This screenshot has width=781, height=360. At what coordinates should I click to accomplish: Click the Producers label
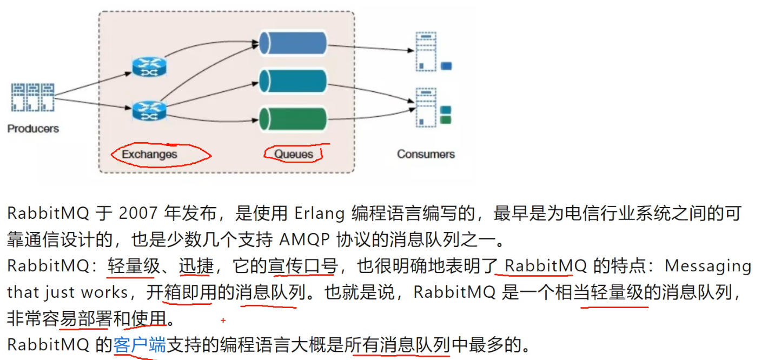tap(33, 129)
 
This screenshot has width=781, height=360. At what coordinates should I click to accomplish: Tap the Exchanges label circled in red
tap(149, 155)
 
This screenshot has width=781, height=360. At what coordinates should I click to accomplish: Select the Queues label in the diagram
tap(294, 154)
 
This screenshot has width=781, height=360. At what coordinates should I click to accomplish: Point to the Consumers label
tap(426, 154)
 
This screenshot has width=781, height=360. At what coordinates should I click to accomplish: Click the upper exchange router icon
tap(150, 66)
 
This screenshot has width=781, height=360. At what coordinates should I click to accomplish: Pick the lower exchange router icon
tap(150, 110)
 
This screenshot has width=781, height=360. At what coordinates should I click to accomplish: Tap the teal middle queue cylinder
tap(293, 81)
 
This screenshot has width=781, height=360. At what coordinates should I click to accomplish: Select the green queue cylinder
tap(293, 119)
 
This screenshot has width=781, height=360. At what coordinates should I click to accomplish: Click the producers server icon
tap(33, 97)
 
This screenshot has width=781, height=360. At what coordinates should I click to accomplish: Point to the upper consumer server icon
tap(426, 52)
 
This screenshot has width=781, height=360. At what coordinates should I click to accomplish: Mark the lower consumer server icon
tap(426, 109)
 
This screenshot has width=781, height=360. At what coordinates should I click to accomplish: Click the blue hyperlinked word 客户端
tap(140, 345)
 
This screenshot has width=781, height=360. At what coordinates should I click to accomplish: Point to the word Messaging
tap(708, 266)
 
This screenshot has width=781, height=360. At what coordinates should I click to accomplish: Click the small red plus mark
tap(223, 321)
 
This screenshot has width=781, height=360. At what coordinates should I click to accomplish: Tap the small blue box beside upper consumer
tap(446, 66)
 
